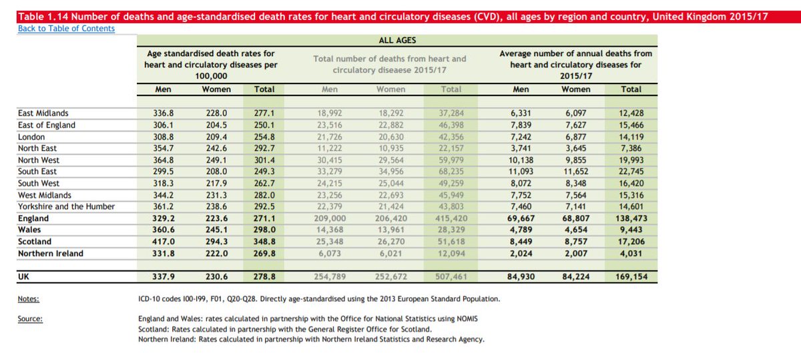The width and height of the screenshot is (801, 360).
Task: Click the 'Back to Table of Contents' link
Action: (66, 29)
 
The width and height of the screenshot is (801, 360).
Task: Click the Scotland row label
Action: (35, 242)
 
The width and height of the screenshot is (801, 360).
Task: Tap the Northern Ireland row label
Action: (51, 253)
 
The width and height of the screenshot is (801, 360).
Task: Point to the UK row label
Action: (24, 277)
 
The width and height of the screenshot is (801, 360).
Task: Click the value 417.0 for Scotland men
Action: (164, 242)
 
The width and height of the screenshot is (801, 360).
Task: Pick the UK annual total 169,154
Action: (630, 277)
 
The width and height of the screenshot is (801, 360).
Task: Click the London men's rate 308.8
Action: (164, 137)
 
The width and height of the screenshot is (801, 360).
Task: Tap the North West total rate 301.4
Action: (264, 160)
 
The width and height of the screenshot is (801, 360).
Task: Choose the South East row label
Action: (38, 172)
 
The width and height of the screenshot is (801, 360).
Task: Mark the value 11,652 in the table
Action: (575, 172)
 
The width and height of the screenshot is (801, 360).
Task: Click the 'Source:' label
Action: (31, 319)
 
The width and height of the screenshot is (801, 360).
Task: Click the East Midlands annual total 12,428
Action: (631, 114)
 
